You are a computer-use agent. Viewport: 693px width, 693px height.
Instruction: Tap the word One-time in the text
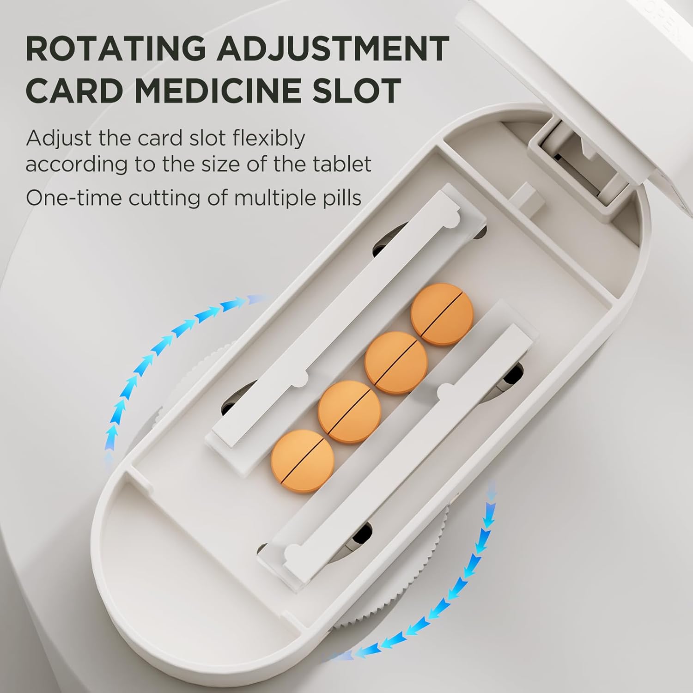click(x=73, y=198)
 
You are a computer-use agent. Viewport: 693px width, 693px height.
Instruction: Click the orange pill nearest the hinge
click(x=442, y=314)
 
